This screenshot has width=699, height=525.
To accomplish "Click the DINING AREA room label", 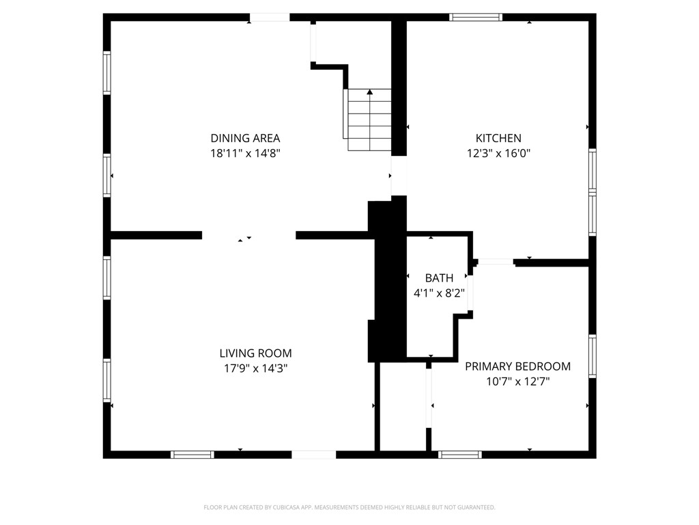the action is pos(245,138).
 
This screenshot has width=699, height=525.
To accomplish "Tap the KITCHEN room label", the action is pos(498,138).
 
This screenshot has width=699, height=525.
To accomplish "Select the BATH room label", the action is pos(439,278).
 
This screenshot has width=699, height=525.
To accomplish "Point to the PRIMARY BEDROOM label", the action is pos(517,366).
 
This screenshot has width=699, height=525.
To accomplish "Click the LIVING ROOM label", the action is pos(255,353).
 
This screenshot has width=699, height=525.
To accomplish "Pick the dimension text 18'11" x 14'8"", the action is pos(245,154).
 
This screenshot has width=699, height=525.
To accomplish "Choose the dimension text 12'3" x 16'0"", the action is pos(498,154).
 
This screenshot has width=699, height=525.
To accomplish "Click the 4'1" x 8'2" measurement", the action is pos(439,293).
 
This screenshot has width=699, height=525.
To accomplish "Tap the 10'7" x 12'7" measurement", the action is pos(517,381).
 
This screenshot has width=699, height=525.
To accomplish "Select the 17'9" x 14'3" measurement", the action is pos(255,368).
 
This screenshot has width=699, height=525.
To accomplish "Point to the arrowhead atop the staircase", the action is pos(369,92).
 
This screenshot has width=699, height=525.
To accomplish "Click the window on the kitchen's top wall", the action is pos(476,17).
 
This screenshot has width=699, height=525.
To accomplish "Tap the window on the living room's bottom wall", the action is pos(192,455).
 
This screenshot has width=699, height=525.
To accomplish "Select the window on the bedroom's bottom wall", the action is pos(459,455).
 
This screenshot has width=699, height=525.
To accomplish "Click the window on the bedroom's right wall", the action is pos(593,356).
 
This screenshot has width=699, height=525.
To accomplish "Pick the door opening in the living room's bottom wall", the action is pos(314,455).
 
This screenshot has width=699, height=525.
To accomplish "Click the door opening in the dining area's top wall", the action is pos(269,17).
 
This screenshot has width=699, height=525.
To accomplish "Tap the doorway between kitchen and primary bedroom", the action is pos(496,262).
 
